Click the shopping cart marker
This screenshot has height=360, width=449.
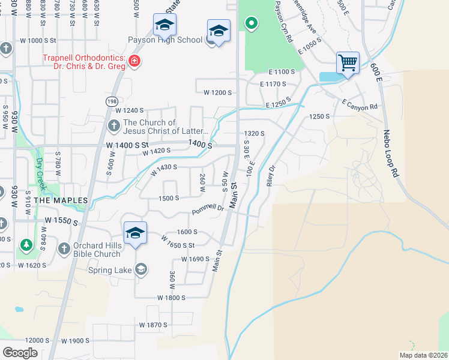coord(348,62)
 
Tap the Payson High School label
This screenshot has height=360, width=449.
coord(165,41)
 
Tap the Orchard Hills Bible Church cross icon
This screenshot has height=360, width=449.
coord(64,248)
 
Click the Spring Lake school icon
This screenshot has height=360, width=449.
coord(141,269)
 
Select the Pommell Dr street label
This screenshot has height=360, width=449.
coord(208,210)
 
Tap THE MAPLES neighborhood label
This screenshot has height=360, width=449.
coord(61,200)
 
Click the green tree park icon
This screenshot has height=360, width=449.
coord(26,245)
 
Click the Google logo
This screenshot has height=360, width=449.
coord(20,352)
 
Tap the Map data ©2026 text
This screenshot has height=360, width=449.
coord(424,355)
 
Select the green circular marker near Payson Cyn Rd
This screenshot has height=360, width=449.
coord(252,24)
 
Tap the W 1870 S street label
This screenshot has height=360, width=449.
coord(153,325)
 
